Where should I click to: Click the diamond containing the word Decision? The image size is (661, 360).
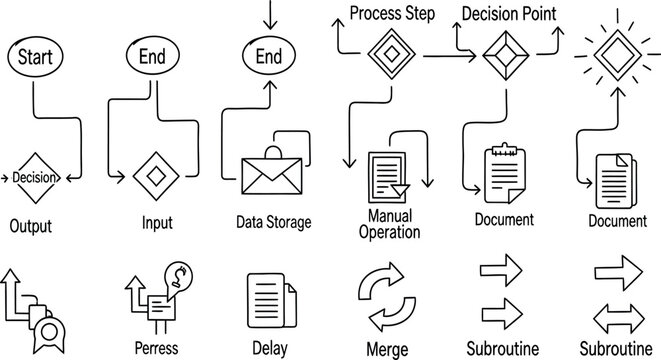pos(36,178)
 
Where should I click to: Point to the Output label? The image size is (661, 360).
pos(30,226)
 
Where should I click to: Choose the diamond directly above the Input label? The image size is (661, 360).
pos(156,176)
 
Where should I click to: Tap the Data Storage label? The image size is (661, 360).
pos(273,222)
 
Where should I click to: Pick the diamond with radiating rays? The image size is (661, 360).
pos(613,48)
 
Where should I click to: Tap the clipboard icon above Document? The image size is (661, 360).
pos(503,173)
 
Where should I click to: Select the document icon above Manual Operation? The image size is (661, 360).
pos(388,176)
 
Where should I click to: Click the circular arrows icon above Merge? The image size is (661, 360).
pos(386,297)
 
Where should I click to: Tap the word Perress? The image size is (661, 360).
pos(156,348)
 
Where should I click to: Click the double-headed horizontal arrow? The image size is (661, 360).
pos(617,318)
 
